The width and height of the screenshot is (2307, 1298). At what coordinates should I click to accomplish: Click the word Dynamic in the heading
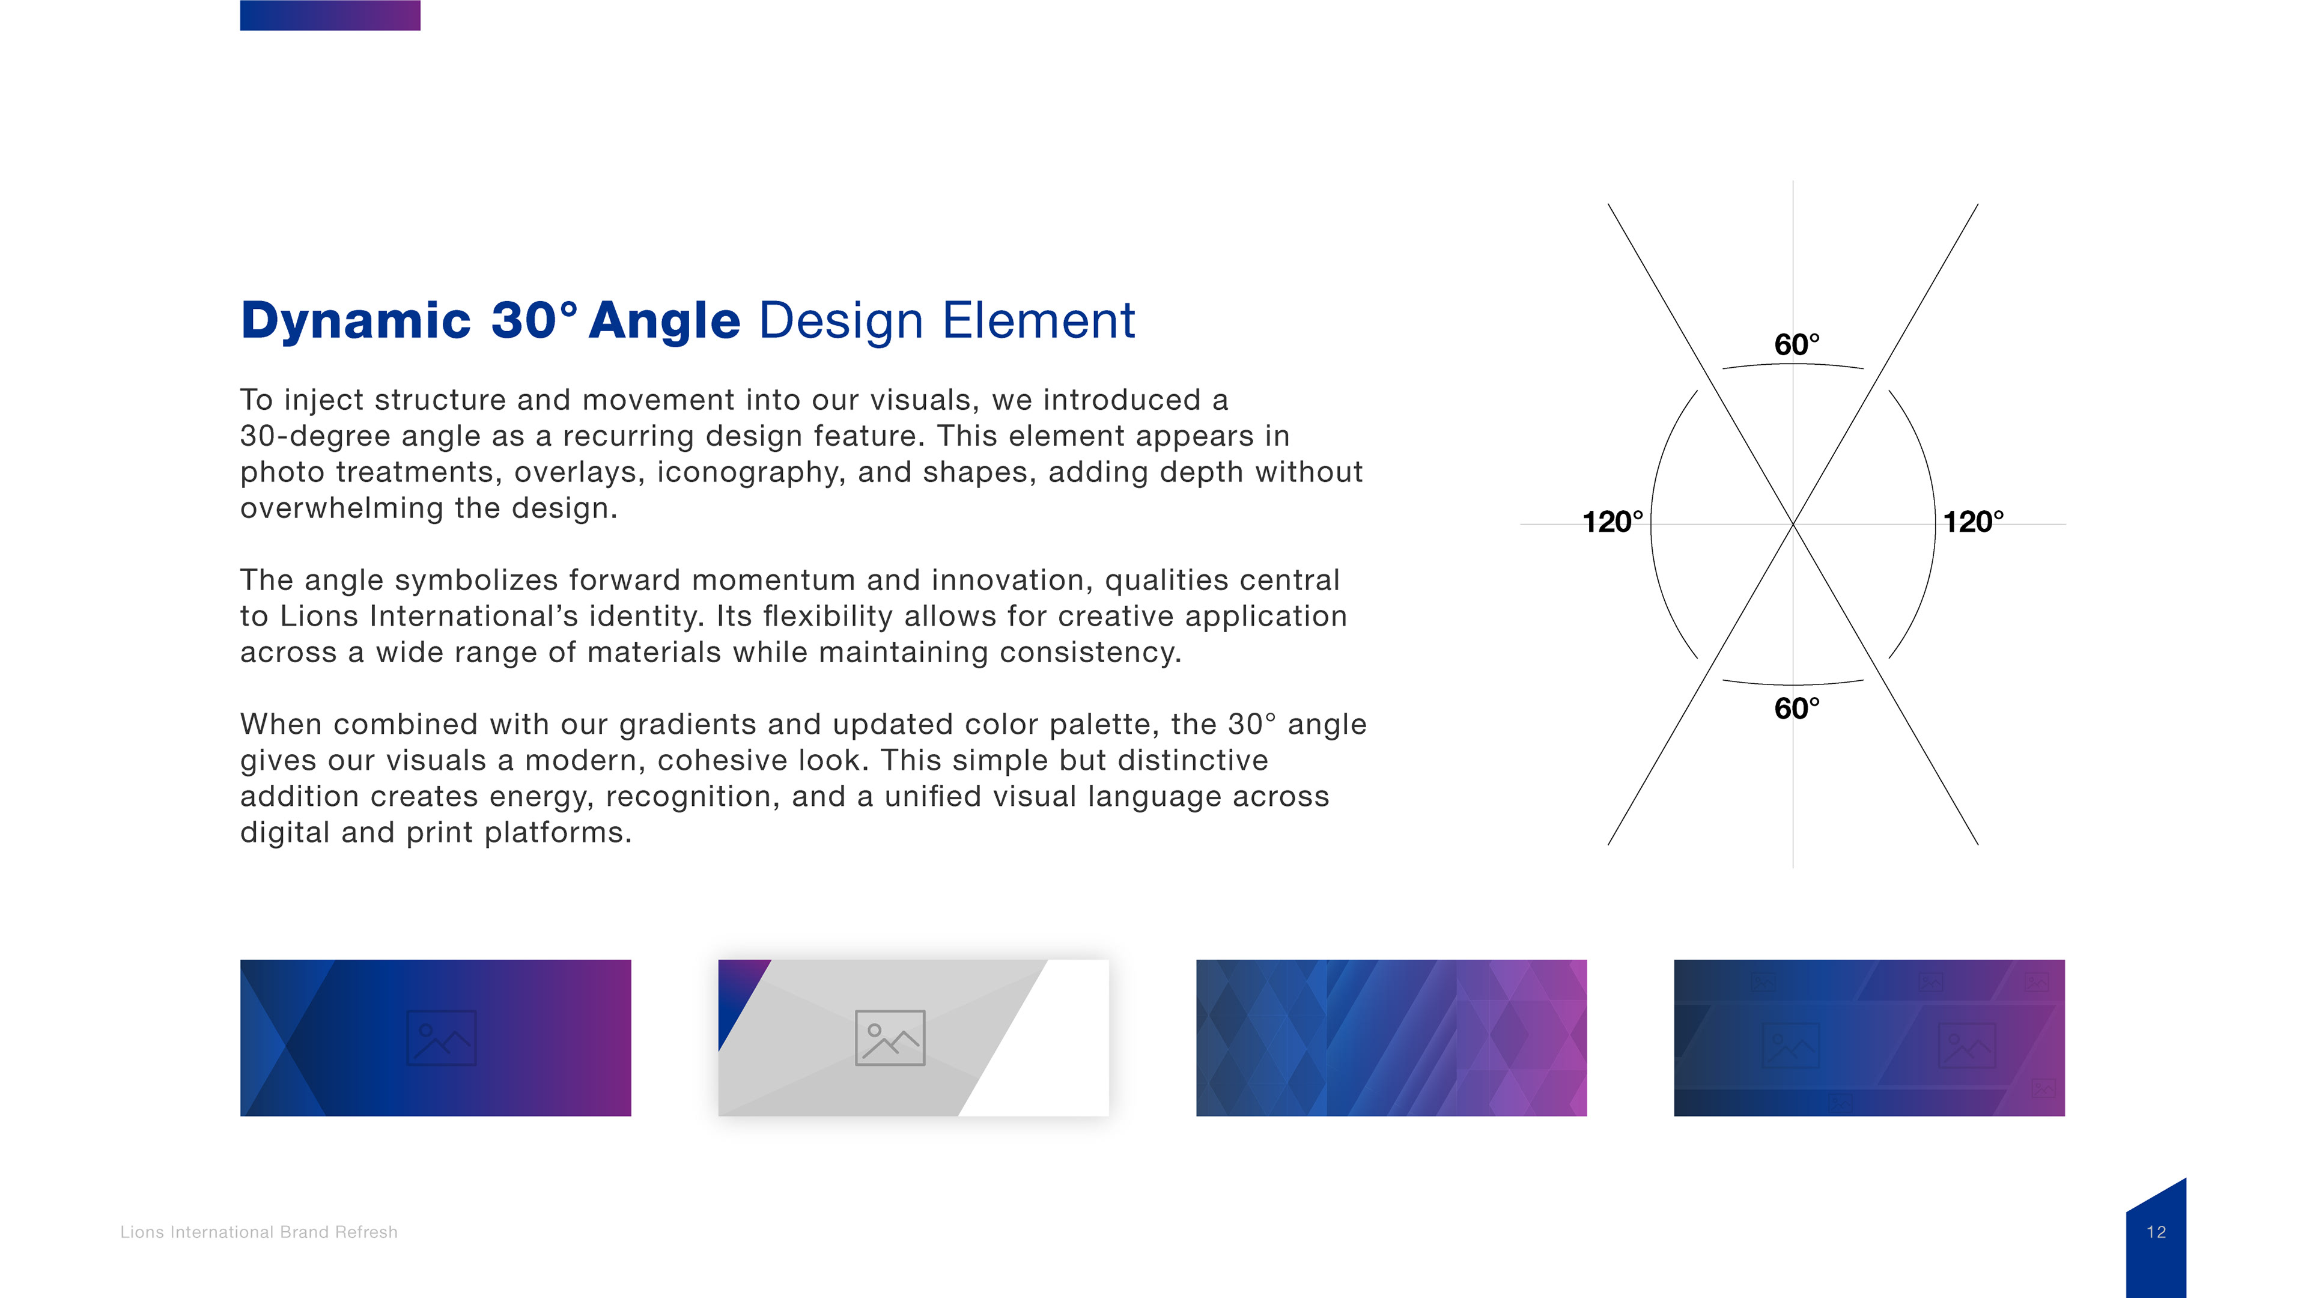click(356, 321)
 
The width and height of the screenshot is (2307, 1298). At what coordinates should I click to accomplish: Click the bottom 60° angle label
click(1796, 708)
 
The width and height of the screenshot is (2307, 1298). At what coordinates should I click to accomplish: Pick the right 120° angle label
click(1973, 522)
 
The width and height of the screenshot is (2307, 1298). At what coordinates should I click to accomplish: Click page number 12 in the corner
click(2156, 1232)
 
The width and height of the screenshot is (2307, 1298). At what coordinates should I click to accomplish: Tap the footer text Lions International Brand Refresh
click(259, 1232)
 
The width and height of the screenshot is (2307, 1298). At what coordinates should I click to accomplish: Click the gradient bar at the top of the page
click(330, 15)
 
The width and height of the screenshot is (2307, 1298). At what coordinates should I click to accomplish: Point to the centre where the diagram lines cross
click(1793, 524)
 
